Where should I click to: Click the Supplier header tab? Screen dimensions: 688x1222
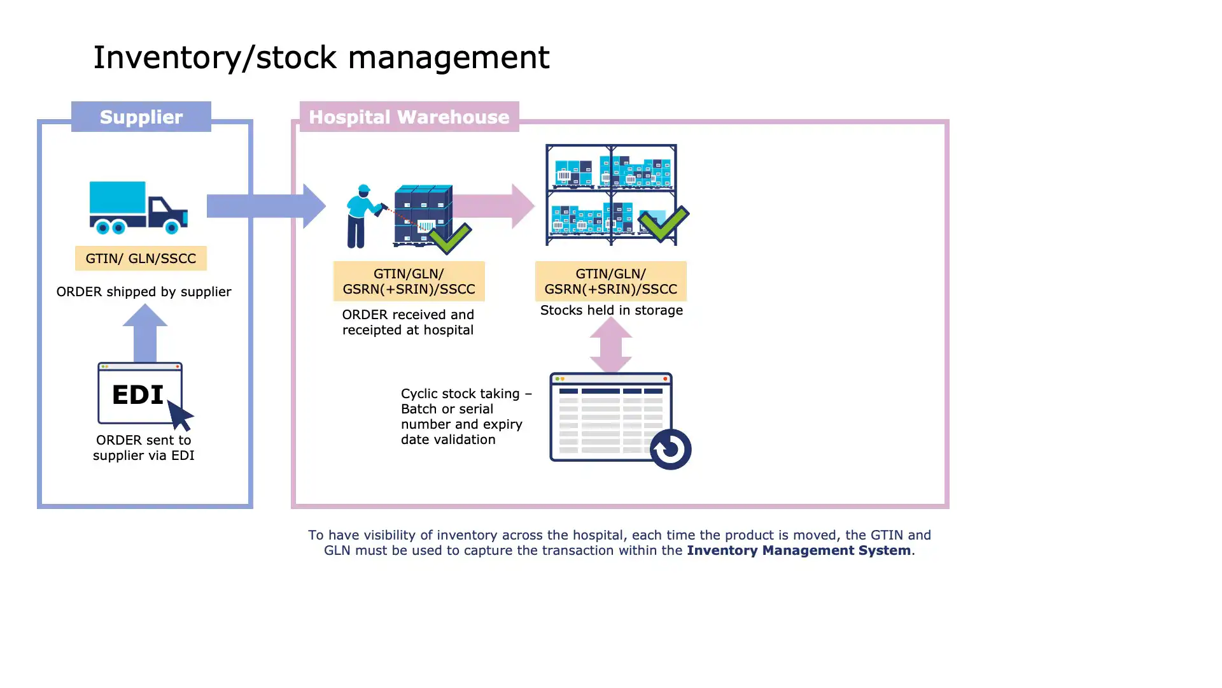coord(141,117)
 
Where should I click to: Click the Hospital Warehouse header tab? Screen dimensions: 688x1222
coord(409,117)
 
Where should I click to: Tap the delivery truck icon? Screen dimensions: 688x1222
coord(137,206)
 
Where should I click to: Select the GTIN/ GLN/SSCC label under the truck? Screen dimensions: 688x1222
coord(141,258)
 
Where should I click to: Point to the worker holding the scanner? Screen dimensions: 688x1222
coord(362,217)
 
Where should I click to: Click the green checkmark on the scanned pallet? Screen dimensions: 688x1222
coord(451,238)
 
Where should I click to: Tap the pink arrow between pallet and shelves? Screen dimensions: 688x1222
coord(494,206)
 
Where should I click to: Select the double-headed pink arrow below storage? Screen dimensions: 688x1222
coord(610,345)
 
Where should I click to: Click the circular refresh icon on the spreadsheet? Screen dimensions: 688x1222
coord(670,449)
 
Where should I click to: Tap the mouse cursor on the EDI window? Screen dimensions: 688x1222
coord(179,415)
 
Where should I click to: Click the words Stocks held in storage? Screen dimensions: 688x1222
coord(611,310)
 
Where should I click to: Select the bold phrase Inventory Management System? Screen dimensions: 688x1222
coord(798,550)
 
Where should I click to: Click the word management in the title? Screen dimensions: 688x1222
coord(448,57)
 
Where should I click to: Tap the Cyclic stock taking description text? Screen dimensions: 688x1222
coord(465,416)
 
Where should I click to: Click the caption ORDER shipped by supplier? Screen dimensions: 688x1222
coord(144,292)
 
